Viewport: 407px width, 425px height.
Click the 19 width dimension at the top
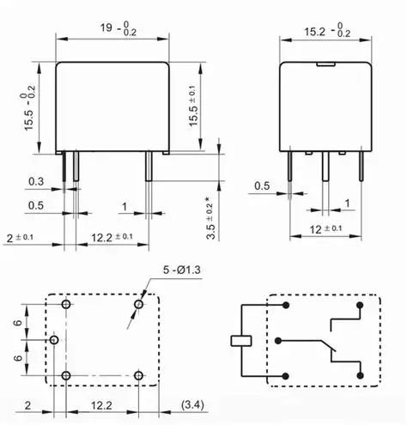(x=118, y=29)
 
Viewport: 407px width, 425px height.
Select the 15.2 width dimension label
(x=327, y=30)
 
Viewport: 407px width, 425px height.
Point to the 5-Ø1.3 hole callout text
(x=182, y=270)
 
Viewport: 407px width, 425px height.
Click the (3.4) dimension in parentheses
(x=192, y=405)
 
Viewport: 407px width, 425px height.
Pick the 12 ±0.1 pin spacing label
(x=325, y=229)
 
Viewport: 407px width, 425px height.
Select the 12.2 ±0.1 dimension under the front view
(x=112, y=237)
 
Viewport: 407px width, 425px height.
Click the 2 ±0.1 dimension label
(x=20, y=238)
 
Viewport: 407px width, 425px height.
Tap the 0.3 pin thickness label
(x=36, y=181)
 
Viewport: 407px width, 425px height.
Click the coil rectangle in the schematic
(x=241, y=341)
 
